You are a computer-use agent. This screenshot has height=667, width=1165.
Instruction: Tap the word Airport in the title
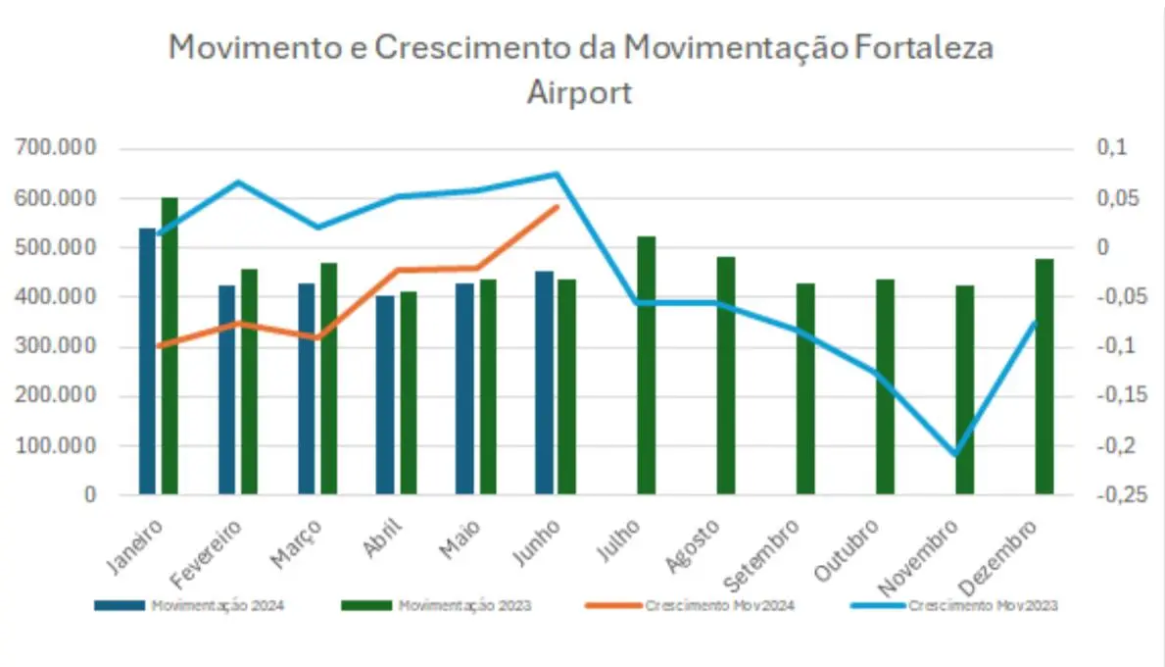point(580,92)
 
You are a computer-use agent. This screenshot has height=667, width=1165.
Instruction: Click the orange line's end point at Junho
point(557,207)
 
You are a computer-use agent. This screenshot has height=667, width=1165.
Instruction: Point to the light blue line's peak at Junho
point(557,175)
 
